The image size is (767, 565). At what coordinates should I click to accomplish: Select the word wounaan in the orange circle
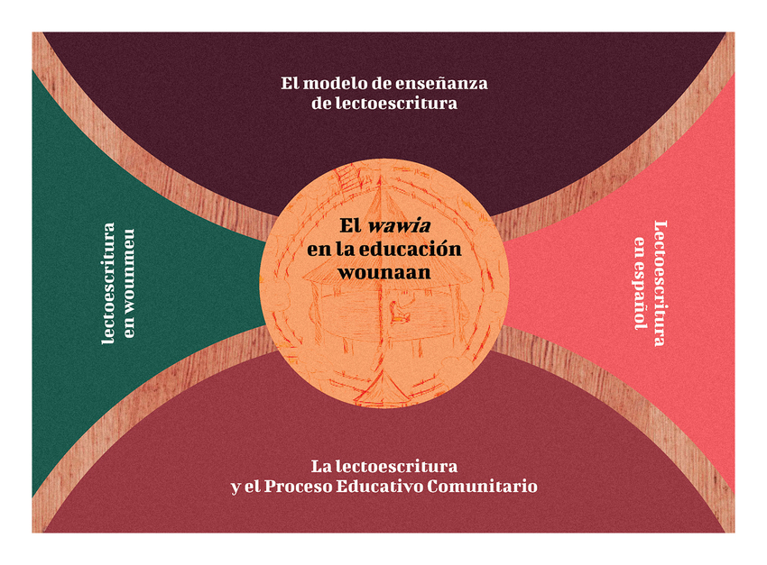(384, 271)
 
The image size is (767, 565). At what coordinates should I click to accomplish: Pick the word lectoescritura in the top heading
(397, 104)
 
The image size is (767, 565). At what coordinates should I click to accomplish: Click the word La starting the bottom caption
(320, 467)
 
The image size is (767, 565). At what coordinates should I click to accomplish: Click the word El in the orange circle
(349, 226)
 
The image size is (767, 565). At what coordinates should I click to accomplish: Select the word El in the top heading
(290, 84)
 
